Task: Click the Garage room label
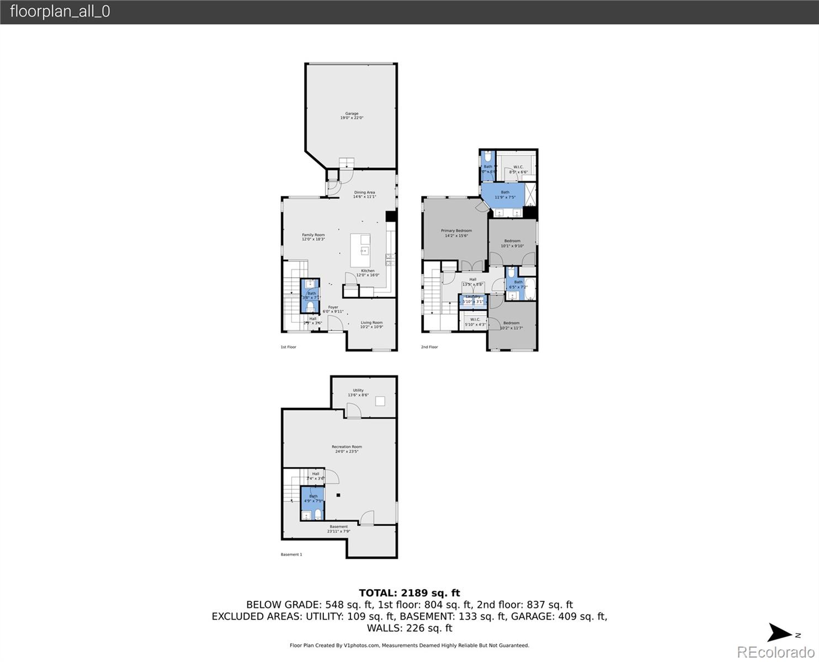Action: click(x=352, y=116)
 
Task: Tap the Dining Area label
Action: click(x=364, y=194)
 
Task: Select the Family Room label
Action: click(x=313, y=237)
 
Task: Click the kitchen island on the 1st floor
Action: click(x=361, y=250)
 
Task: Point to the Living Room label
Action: click(x=371, y=324)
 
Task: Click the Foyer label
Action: click(x=333, y=309)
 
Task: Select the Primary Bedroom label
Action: click(x=456, y=233)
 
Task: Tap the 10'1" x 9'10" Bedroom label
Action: click(x=512, y=243)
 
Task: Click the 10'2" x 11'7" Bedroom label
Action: click(x=511, y=325)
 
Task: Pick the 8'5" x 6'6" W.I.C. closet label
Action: click(x=518, y=169)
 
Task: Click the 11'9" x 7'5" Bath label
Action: click(x=505, y=194)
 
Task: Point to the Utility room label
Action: click(x=358, y=392)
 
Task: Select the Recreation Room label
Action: click(x=347, y=449)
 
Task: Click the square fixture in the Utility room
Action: click(x=380, y=401)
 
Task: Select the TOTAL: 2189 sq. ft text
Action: click(x=409, y=593)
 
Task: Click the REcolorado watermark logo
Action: click(x=775, y=652)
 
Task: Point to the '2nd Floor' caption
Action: click(x=429, y=347)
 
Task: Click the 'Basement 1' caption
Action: click(x=291, y=554)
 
